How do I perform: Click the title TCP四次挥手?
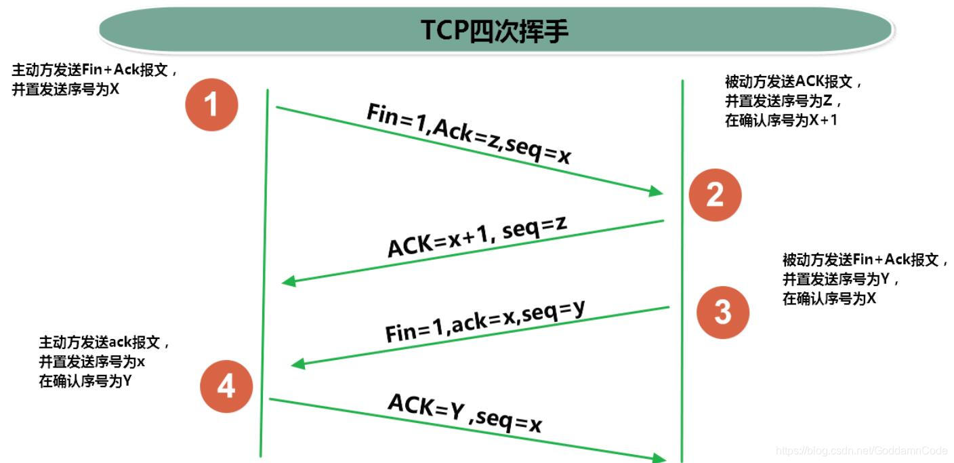coord(495,31)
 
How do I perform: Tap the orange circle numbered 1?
coord(211,105)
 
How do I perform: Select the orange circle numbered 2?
coord(715,195)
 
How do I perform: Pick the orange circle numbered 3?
coord(723,312)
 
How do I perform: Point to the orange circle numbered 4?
coord(226,387)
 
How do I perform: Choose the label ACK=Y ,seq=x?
coord(465,413)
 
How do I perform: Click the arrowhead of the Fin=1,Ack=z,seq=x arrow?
coord(656,192)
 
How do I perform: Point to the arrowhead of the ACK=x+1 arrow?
coord(289,281)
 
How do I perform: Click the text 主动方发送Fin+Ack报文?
coord(95,71)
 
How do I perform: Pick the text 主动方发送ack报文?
coord(104,343)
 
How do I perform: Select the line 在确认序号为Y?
coord(85,381)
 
